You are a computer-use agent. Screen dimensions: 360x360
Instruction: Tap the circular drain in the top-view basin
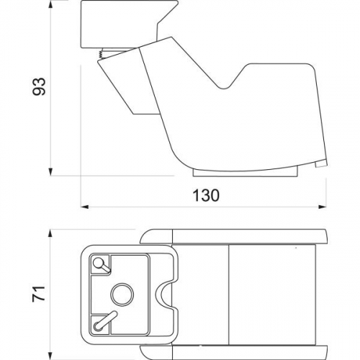122,294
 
